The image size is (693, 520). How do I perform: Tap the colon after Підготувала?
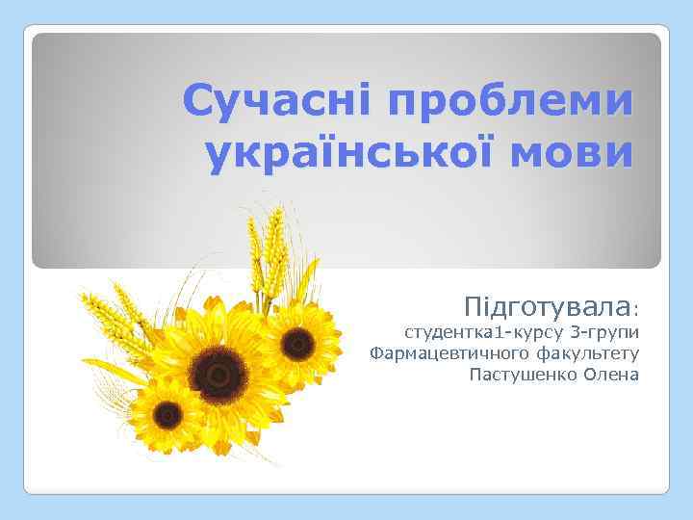pyautogui.click(x=635, y=311)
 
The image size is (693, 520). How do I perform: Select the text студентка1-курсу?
pyautogui.click(x=482, y=334)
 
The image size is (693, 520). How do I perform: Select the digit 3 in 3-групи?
pyautogui.click(x=575, y=334)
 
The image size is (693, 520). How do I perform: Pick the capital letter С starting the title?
pyautogui.click(x=198, y=100)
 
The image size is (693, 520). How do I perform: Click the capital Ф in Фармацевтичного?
pyautogui.click(x=377, y=353)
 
